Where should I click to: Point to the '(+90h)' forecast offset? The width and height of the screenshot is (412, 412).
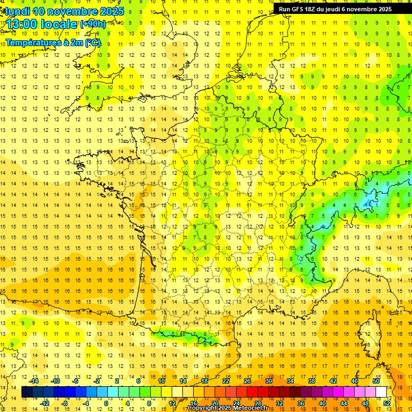tap(93, 24)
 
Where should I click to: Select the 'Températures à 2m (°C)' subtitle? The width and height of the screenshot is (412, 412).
tap(53, 42)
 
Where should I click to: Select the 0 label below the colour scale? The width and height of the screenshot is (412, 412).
tap(106, 403)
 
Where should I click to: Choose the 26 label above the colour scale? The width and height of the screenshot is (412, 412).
tap(247, 381)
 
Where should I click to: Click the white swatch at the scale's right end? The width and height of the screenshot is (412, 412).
tap(381, 392)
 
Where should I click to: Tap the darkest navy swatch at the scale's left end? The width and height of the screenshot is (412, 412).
tap(27, 392)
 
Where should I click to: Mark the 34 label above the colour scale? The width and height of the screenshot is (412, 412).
tap(290, 381)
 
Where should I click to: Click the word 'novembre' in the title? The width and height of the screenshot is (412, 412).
tap(73, 11)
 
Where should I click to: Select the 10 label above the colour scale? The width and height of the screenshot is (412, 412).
tap(161, 381)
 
